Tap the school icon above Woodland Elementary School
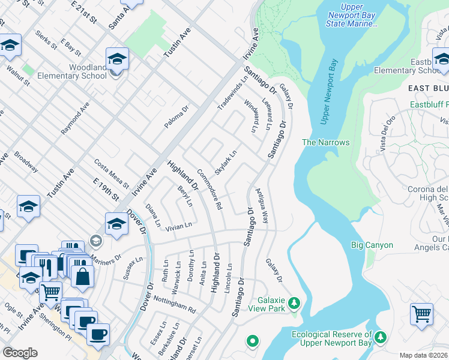118,59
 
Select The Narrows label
325,142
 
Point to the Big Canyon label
372,245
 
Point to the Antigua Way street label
262,206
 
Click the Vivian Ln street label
179,226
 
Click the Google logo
20,353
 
